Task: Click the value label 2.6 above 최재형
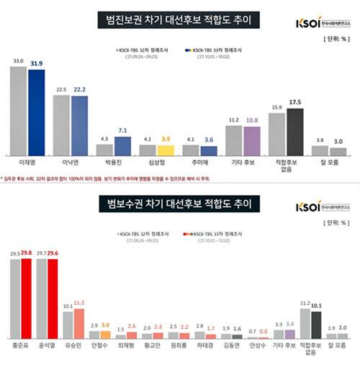[132, 326]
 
